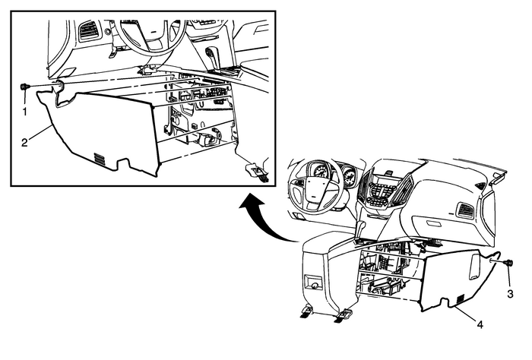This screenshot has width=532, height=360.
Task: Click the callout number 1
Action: click(25, 111)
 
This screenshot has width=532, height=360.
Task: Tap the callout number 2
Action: click(24, 143)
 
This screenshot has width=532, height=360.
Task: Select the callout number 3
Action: click(510, 294)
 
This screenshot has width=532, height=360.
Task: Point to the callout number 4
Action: click(480, 324)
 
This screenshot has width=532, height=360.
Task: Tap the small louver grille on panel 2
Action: click(100, 159)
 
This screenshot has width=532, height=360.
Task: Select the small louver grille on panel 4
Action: click(461, 299)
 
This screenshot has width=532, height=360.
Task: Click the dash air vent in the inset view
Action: click(88, 32)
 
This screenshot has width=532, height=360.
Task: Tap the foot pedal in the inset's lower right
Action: click(257, 172)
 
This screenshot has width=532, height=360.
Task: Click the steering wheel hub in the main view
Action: click(314, 190)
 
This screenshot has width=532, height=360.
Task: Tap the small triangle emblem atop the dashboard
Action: click(479, 185)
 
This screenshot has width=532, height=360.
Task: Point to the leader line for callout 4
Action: click(467, 313)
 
